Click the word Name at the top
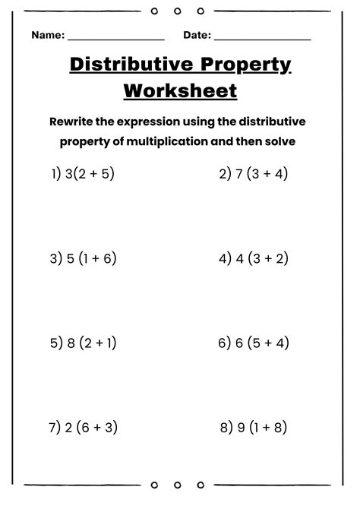pos(47,36)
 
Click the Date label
pos(197,36)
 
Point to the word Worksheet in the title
pos(180,91)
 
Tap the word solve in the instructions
pos(279,141)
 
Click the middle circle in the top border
pos(177,11)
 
